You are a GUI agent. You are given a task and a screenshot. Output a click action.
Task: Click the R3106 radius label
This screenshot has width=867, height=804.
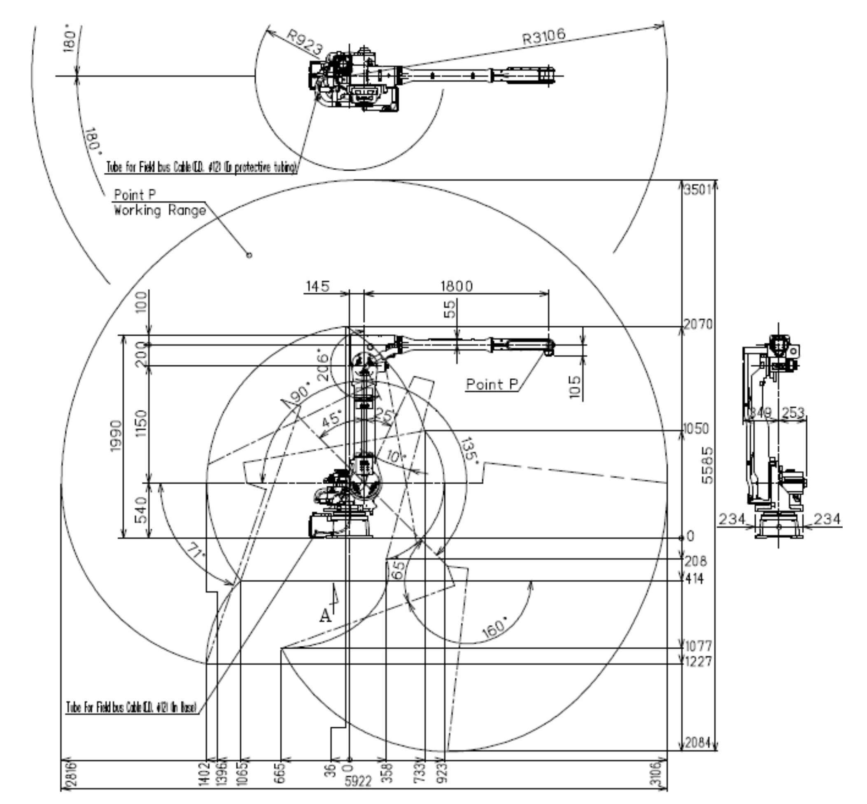point(544,37)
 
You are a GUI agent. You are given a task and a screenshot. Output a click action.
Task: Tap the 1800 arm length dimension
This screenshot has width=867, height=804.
point(456,286)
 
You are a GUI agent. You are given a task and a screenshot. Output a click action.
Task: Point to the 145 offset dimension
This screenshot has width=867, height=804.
point(317,286)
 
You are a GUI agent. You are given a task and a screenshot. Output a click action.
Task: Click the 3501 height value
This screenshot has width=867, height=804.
point(697,190)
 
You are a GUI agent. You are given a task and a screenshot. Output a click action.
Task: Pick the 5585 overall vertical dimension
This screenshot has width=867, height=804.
point(708,465)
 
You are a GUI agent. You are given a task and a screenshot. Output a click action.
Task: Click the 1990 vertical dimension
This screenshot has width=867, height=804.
point(116,436)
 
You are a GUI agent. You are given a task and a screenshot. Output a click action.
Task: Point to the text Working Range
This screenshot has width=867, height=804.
point(160,211)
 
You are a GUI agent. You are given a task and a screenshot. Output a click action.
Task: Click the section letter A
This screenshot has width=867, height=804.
point(325,616)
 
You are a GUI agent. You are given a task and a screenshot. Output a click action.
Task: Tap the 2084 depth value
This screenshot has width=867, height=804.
point(697,743)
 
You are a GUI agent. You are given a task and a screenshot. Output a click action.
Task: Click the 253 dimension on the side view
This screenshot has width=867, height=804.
point(793,412)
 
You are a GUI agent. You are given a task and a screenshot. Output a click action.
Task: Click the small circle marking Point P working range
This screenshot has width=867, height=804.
point(249,255)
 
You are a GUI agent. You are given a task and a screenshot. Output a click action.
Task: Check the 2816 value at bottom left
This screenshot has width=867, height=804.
point(70,774)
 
